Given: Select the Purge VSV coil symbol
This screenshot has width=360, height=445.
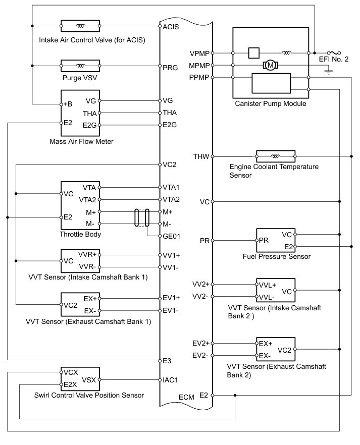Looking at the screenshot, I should pyautogui.click(x=80, y=66).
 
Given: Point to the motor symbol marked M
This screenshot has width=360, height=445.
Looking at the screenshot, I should pyautogui.click(x=271, y=65).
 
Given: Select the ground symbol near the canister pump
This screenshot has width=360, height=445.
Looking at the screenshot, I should pyautogui.click(x=329, y=72).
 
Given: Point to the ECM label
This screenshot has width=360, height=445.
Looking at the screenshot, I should pyautogui.click(x=186, y=398).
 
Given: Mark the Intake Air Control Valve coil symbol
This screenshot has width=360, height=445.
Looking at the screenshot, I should pyautogui.click(x=80, y=25).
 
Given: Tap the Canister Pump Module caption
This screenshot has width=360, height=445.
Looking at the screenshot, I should pyautogui.click(x=271, y=104).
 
